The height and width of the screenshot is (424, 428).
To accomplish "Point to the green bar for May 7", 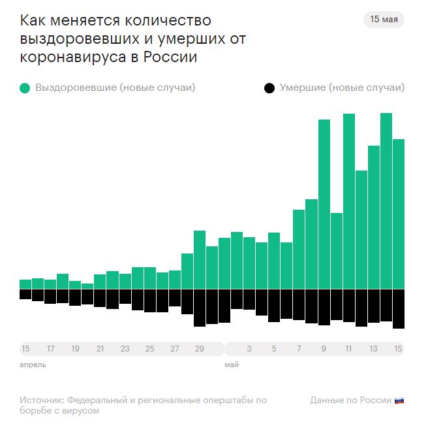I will [x=299, y=249].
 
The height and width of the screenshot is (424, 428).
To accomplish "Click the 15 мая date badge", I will [x=384, y=19].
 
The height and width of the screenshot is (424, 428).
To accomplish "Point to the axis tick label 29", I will [x=200, y=348].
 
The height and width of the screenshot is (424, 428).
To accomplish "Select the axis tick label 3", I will [x=249, y=348].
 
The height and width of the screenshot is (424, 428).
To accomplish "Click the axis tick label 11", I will [x=349, y=348].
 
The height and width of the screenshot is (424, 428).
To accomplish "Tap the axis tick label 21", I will [x=100, y=348].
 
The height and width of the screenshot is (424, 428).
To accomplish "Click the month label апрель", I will [x=33, y=365].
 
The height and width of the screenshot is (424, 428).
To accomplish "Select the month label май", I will [x=232, y=365].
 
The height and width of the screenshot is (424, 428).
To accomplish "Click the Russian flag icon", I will [x=400, y=400].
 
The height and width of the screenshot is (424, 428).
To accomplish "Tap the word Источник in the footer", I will [x=41, y=400].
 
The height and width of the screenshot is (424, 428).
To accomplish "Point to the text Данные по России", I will [x=350, y=400].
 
